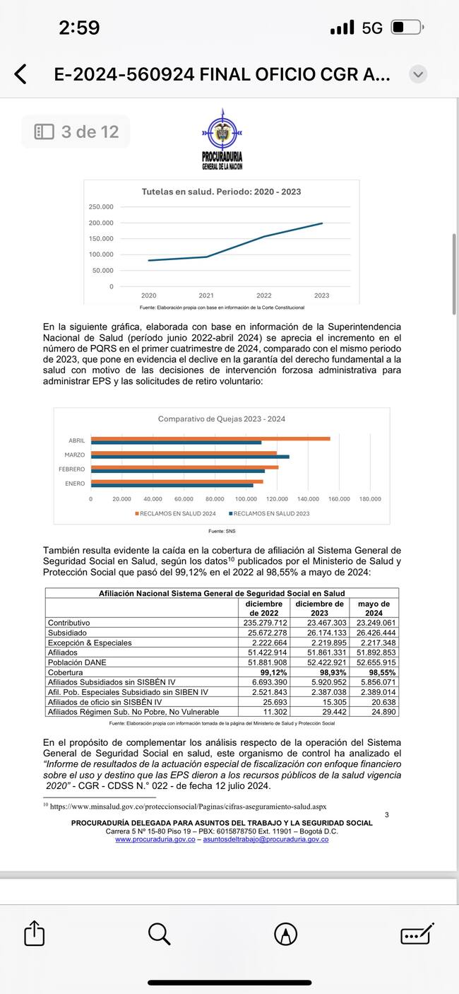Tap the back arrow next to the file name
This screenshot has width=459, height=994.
coord(20,74)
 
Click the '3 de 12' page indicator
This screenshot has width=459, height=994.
coord(76,131)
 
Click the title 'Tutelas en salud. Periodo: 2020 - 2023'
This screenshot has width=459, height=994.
coord(221,192)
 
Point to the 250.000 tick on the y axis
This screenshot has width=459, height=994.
coord(101,207)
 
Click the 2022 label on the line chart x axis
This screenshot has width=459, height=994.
coord(263,296)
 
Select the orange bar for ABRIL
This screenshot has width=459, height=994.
coord(210,439)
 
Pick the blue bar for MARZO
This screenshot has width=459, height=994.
coord(190,457)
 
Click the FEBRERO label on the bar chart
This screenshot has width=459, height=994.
coord(71,469)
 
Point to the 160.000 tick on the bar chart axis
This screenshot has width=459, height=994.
coord(339,498)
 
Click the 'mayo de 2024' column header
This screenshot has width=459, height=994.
coord(374,609)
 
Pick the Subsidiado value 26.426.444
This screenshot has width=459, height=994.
coord(376,633)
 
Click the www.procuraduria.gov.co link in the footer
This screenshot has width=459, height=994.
coord(155,839)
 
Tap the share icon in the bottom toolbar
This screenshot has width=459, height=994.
coord(34,935)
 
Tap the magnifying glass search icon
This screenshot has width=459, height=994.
coord(160,935)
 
